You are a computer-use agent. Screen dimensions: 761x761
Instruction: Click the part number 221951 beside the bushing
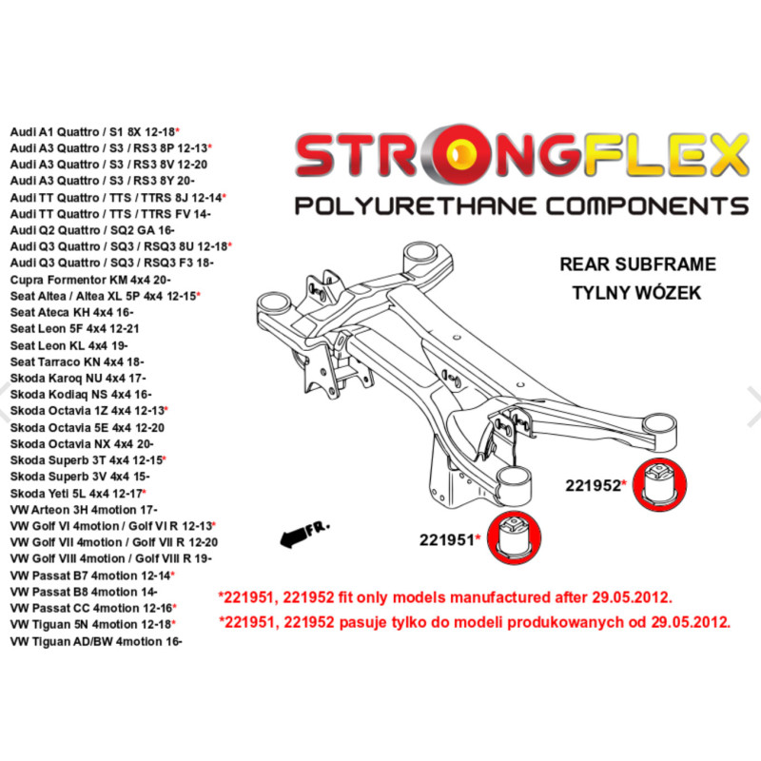[447, 539]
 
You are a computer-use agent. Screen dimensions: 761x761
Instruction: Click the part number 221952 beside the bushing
[593, 485]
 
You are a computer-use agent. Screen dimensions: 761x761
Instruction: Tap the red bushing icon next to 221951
[514, 537]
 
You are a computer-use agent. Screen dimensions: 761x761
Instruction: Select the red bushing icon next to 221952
[659, 484]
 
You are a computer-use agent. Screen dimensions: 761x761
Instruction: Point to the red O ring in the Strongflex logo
[457, 154]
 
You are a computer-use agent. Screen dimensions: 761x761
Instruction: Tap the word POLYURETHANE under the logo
[416, 205]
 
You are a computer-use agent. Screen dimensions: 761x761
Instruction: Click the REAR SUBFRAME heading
[637, 264]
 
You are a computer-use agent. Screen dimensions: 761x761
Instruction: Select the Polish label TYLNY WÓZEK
[636, 292]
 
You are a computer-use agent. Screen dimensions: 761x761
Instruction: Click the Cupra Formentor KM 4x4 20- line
[90, 280]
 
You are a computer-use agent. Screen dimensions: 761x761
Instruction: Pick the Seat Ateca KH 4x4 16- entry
[72, 312]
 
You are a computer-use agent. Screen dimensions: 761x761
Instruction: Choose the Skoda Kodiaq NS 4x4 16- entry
[81, 394]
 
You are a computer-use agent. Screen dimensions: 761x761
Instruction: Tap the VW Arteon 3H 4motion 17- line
[84, 510]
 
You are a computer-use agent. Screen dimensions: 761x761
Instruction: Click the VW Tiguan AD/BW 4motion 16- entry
[96, 641]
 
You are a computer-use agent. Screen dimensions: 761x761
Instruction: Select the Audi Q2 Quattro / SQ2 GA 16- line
[92, 230]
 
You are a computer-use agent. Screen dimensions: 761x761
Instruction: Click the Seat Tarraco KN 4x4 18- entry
[77, 361]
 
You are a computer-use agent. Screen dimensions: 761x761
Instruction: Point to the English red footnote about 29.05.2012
[445, 597]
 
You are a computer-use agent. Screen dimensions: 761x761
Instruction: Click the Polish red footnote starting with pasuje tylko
[474, 622]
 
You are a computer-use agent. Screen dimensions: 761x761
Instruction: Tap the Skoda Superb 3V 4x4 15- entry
[80, 477]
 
